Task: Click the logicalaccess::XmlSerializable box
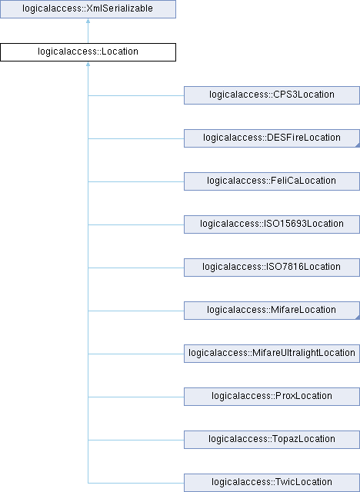coord(88,9)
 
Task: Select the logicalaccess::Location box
coord(88,52)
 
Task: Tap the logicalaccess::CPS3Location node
coord(272,95)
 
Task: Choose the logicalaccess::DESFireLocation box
coord(272,138)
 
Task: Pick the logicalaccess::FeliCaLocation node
coord(272,181)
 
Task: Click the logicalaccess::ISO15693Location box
coord(272,224)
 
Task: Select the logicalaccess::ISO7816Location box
coord(272,268)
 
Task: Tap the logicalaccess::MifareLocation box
coord(272,311)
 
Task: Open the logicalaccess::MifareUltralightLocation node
coord(272,354)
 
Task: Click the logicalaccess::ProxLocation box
coord(272,397)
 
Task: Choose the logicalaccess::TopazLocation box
coord(272,439)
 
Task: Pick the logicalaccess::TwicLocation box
coord(272,483)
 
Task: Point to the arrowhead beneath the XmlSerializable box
coord(88,21)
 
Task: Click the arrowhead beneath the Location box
coord(88,64)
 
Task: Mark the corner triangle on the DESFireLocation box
coord(358,145)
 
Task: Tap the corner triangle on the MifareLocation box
coord(358,317)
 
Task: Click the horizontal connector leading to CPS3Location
coord(136,95)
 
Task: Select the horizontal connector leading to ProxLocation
coord(136,397)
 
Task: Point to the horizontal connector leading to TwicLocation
coord(136,483)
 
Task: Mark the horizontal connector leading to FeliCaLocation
coord(136,181)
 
